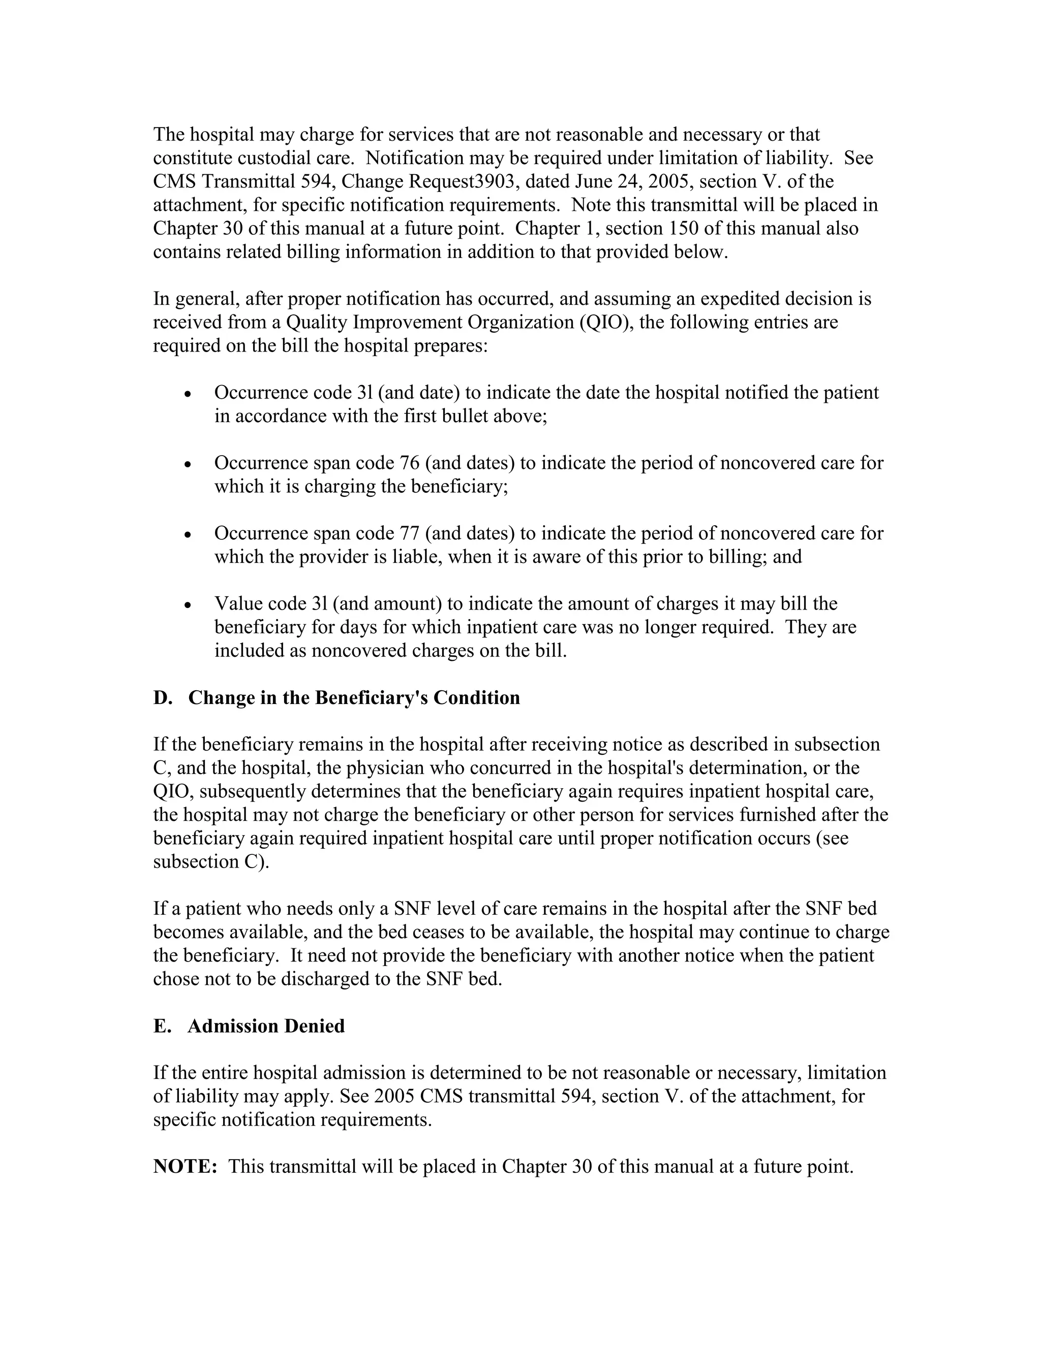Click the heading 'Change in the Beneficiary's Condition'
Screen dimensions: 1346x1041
pyautogui.click(x=354, y=698)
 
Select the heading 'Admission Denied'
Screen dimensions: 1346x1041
pyautogui.click(x=266, y=1026)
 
